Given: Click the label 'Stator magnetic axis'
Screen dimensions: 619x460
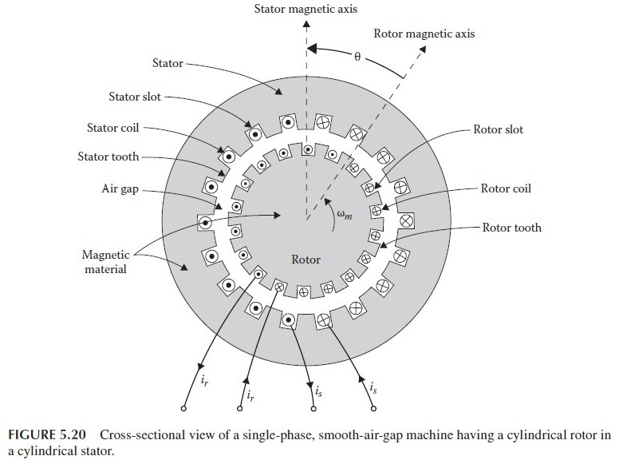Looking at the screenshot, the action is pyautogui.click(x=306, y=9).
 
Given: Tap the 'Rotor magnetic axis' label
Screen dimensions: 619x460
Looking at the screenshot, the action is pyautogui.click(x=424, y=34).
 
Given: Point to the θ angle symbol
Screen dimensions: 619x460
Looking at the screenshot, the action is pyautogui.click(x=357, y=57).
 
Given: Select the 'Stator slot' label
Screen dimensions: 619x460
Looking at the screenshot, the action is pyautogui.click(x=135, y=97).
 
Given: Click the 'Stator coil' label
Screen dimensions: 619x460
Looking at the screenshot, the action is pyautogui.click(x=113, y=128).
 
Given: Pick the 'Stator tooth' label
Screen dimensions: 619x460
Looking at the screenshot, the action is pyautogui.click(x=108, y=157).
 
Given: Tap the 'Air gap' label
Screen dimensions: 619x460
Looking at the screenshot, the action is pyautogui.click(x=120, y=189).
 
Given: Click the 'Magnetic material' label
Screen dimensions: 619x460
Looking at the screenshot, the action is pyautogui.click(x=105, y=262).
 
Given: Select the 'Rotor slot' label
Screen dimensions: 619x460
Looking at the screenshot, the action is pyautogui.click(x=498, y=129).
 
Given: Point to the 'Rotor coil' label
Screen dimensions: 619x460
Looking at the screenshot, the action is pyautogui.click(x=506, y=188).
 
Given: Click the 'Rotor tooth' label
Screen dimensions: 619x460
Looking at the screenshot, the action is pyautogui.click(x=511, y=228).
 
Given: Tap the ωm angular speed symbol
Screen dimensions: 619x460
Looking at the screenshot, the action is pyautogui.click(x=345, y=214).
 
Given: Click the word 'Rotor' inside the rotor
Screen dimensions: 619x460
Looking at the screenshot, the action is pyautogui.click(x=306, y=260).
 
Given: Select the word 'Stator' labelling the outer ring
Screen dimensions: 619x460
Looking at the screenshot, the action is pyautogui.click(x=168, y=63).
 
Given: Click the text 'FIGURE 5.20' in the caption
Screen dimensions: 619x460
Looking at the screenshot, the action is pyautogui.click(x=46, y=434).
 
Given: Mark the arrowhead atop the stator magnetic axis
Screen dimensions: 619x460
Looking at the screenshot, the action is pyautogui.click(x=306, y=23).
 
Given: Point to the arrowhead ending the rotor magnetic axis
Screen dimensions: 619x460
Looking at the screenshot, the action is pyautogui.click(x=423, y=49).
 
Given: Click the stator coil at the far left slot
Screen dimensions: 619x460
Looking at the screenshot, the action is pyautogui.click(x=205, y=223).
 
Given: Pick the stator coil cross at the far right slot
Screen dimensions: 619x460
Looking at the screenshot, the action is pyautogui.click(x=406, y=220).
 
